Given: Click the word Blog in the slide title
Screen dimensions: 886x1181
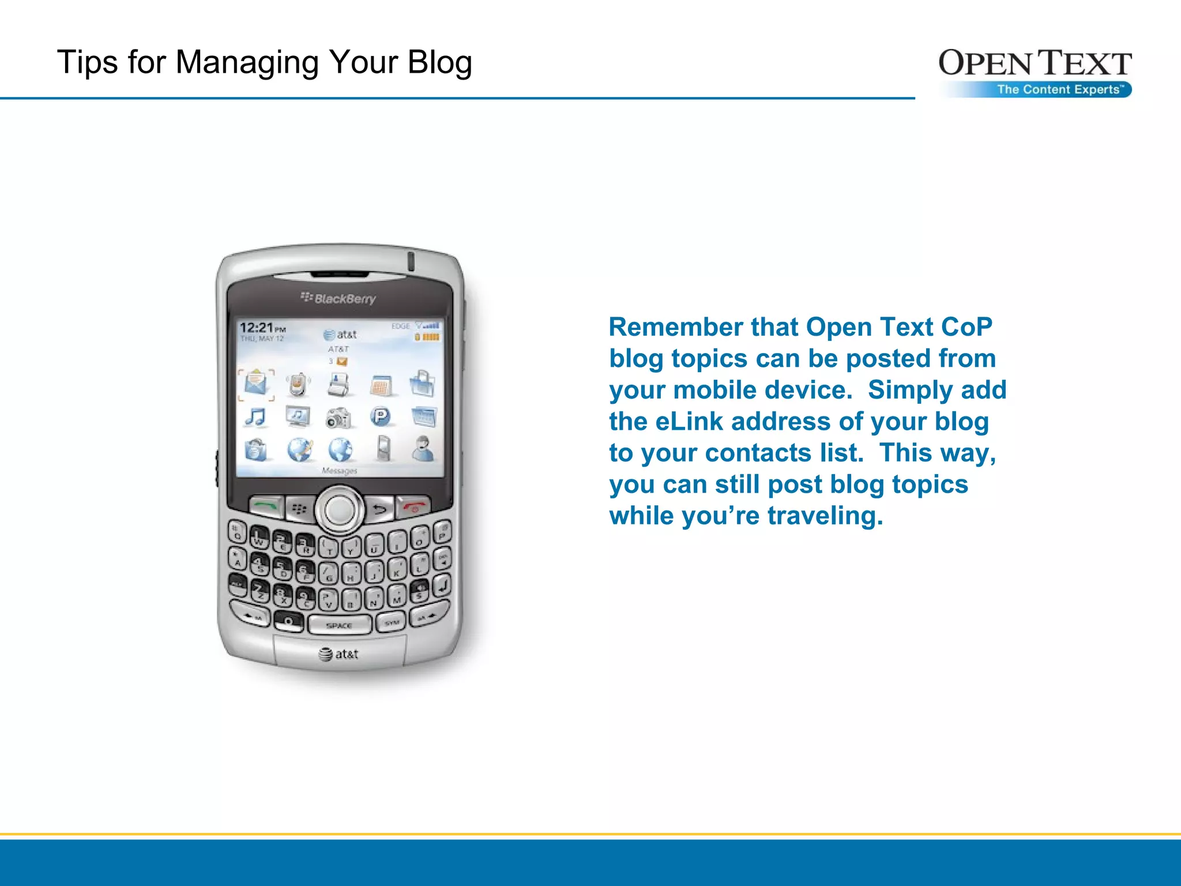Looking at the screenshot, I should click(x=439, y=62).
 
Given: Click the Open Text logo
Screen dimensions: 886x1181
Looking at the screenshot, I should click(x=1035, y=63).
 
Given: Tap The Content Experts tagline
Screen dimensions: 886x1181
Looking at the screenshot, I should click(x=1060, y=89).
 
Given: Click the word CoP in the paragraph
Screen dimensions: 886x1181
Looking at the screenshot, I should click(x=966, y=327).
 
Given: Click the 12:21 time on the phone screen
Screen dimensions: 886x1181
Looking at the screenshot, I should click(x=256, y=328).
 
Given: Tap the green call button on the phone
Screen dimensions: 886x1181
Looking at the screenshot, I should click(x=266, y=506).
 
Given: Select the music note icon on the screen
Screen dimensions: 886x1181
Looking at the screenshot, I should click(x=255, y=416).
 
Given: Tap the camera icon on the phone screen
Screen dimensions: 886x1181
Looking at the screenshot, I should click(x=338, y=418).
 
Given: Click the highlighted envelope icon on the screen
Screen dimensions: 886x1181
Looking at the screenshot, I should click(x=255, y=384).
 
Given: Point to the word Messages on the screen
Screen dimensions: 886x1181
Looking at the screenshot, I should click(x=339, y=471).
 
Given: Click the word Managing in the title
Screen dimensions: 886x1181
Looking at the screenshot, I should click(x=247, y=62).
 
